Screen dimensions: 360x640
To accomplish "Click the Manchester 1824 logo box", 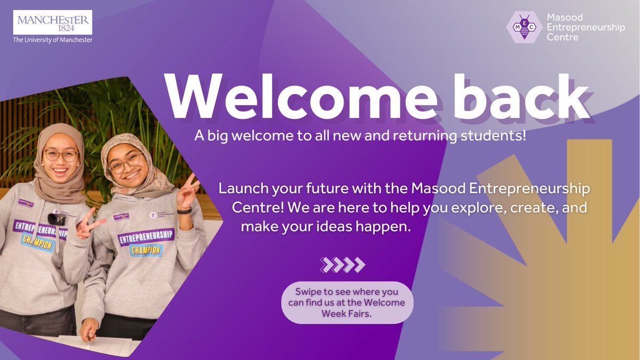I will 53,23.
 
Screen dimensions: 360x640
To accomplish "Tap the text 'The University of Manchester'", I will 53,40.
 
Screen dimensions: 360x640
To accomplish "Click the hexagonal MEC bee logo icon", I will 525,27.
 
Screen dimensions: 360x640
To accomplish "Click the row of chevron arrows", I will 342,264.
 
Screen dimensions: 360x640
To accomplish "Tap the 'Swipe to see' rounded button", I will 348,302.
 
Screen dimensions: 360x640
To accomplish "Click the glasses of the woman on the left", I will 61,155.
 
